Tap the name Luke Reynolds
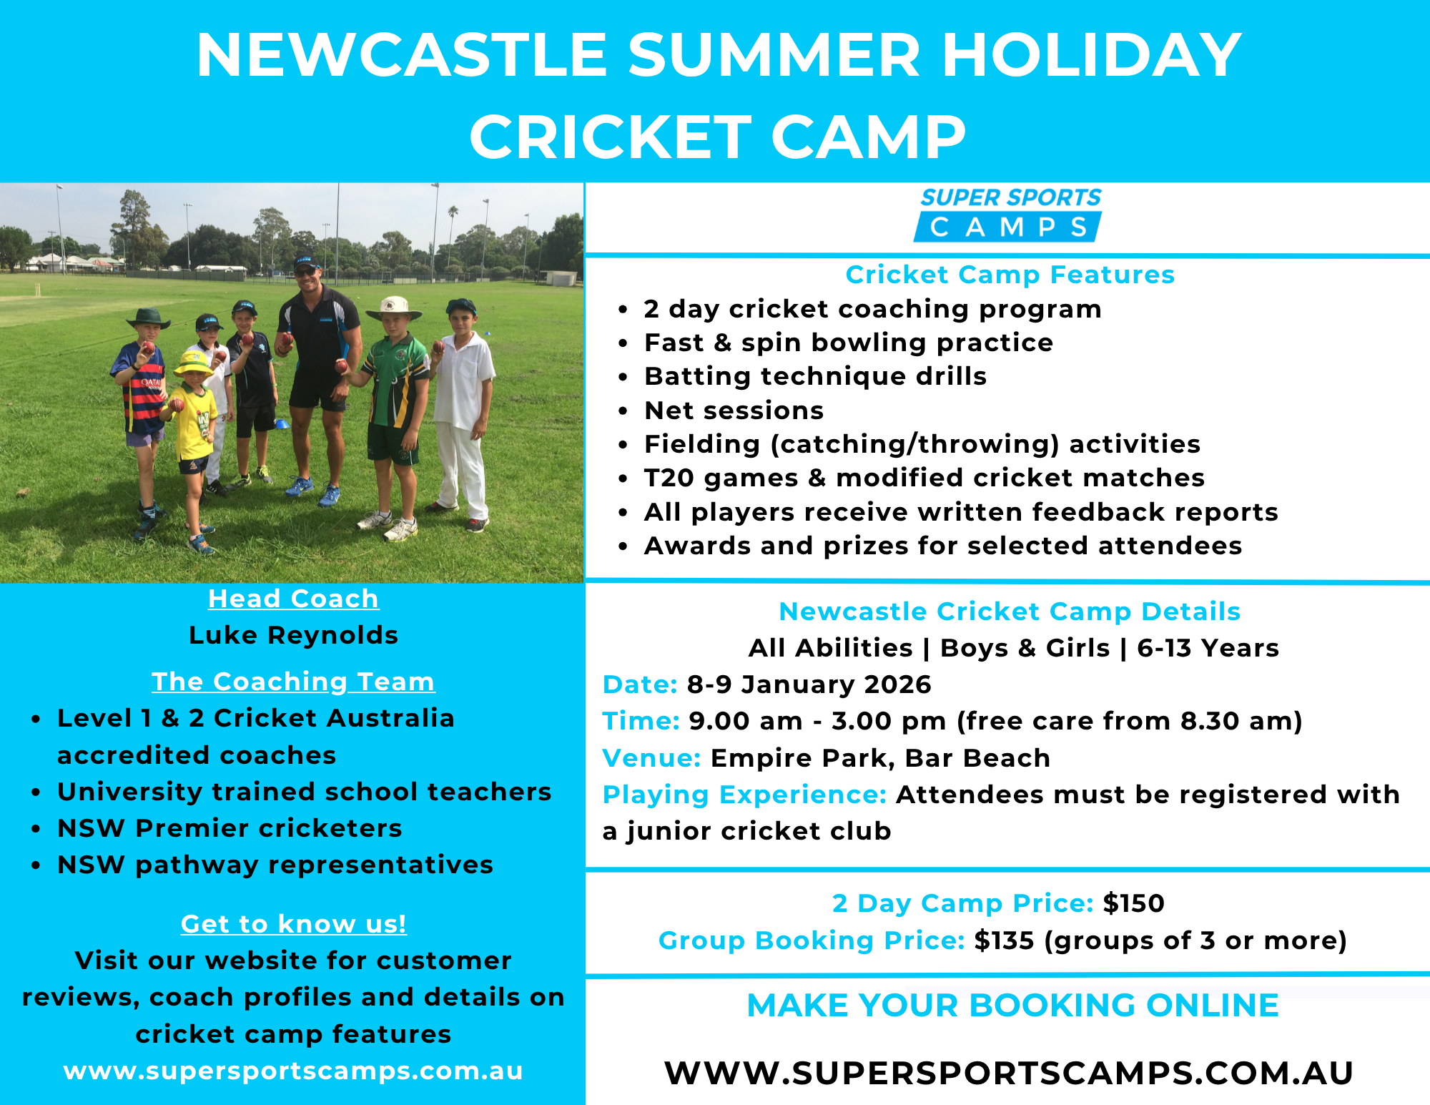(x=293, y=635)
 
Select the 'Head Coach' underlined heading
(x=293, y=599)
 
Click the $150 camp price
(x=1133, y=903)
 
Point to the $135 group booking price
(x=1004, y=941)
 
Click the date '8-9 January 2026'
(x=809, y=684)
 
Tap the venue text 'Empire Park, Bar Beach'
(x=880, y=758)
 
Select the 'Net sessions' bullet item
(x=734, y=411)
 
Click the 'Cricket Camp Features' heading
(x=1010, y=275)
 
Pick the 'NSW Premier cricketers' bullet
(x=230, y=828)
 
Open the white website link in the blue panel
(x=293, y=1071)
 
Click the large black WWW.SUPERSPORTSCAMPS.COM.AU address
(x=1009, y=1073)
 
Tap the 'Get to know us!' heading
(x=293, y=924)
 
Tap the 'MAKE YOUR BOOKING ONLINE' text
(x=1012, y=1006)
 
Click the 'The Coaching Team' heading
(x=293, y=682)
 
